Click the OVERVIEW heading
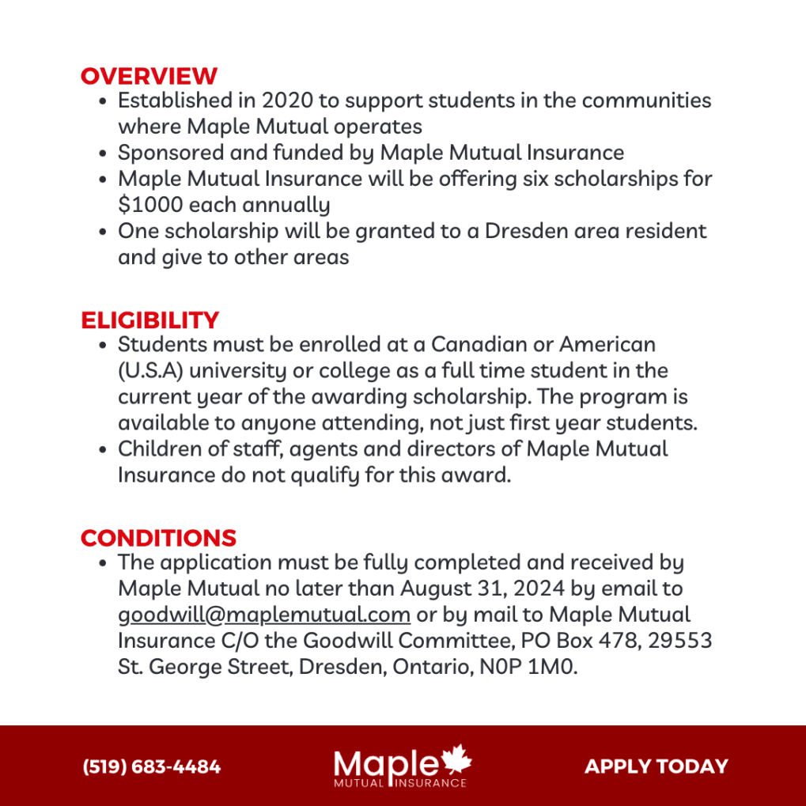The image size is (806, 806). pyautogui.click(x=149, y=77)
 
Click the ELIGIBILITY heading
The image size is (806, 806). pyautogui.click(x=149, y=320)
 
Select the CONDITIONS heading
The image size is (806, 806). pyautogui.click(x=158, y=538)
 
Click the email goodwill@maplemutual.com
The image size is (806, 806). pyautogui.click(x=263, y=615)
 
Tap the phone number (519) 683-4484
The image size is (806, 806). pyautogui.click(x=152, y=766)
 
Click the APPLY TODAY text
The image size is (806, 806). pyautogui.click(x=656, y=766)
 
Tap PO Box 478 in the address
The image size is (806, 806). pyautogui.click(x=581, y=641)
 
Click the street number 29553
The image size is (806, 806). pyautogui.click(x=680, y=641)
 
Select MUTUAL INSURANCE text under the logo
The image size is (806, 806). pyautogui.click(x=399, y=783)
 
